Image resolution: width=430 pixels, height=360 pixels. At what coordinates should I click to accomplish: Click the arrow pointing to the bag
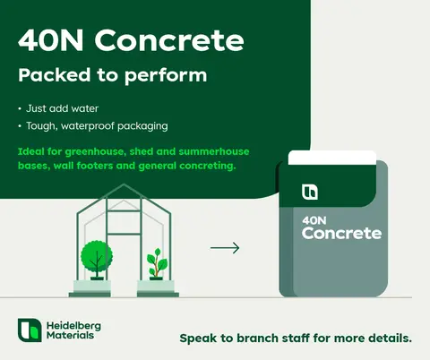(224, 247)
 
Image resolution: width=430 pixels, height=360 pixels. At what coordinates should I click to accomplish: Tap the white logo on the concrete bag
(310, 191)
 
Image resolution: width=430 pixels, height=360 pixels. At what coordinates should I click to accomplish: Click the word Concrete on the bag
(341, 234)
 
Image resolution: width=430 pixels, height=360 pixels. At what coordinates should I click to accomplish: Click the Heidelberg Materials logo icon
(30, 329)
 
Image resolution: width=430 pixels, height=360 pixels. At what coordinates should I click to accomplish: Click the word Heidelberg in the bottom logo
(72, 323)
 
